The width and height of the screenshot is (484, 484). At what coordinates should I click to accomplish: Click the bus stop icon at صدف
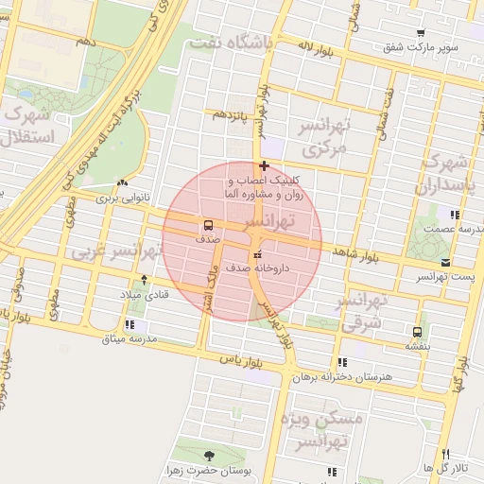[207, 226]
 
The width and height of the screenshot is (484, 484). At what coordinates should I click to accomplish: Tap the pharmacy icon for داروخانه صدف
[257, 254]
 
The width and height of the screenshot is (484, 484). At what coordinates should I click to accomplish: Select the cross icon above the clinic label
[263, 166]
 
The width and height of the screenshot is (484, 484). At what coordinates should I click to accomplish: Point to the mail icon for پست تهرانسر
[445, 262]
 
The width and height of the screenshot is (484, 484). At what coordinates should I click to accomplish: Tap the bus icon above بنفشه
[417, 332]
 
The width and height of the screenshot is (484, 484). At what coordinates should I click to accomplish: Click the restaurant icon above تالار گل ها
[445, 454]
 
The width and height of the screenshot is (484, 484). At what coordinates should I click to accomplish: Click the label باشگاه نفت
[231, 43]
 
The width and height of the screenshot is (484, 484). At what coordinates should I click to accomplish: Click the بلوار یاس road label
[241, 361]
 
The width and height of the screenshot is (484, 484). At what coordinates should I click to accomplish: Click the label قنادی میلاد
[142, 295]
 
